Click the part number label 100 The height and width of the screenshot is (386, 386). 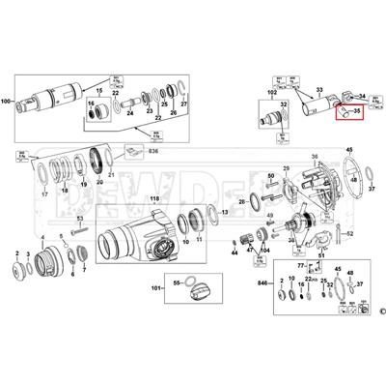point(7,101)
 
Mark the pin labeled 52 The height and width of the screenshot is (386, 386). point(349,234)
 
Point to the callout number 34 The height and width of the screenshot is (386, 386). point(363,95)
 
